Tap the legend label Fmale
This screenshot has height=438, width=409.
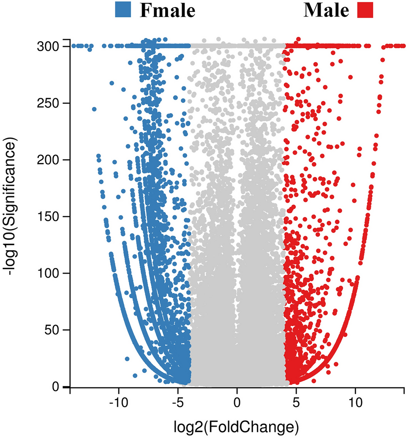pos(168,11)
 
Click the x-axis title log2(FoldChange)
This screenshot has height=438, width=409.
pos(237,427)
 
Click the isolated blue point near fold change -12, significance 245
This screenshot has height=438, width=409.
pos(94,109)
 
